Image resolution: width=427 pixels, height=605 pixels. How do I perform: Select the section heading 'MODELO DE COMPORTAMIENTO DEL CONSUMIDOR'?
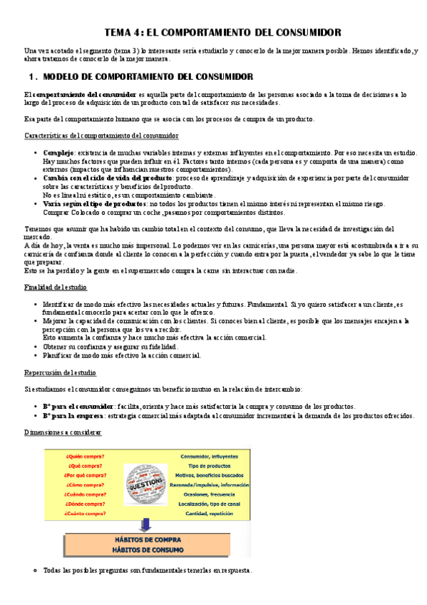[148, 76]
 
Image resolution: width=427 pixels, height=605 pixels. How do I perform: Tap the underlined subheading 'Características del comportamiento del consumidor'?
[101, 136]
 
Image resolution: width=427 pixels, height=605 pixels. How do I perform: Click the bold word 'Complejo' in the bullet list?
[58, 153]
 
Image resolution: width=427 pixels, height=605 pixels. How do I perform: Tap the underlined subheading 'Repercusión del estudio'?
[60, 372]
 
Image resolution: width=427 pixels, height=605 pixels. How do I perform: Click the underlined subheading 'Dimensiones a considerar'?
[63, 432]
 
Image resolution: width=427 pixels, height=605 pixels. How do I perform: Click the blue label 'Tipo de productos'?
[209, 466]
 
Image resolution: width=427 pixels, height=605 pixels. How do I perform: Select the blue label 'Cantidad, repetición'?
[209, 513]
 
